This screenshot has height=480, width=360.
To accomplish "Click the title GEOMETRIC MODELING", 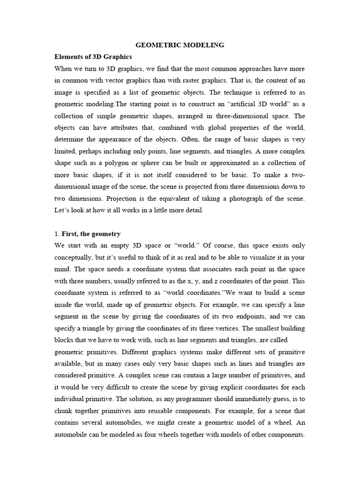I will [180, 45].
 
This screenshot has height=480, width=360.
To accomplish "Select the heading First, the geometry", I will [91, 234].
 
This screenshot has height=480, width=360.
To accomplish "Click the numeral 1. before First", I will [57, 234].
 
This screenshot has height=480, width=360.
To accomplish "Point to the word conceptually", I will [77, 258].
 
